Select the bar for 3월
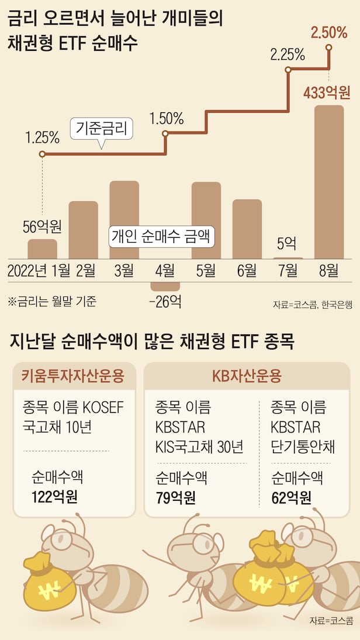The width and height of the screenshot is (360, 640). click(x=124, y=219)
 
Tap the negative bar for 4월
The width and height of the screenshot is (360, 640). click(x=165, y=286)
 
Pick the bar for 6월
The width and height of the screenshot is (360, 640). click(x=247, y=229)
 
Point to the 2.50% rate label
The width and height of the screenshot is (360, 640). click(x=330, y=33)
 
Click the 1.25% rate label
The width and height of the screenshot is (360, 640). click(x=42, y=138)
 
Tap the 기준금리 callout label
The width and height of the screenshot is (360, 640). click(x=102, y=127)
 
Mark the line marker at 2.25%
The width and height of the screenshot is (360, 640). click(x=288, y=70)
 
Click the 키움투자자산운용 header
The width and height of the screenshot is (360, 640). click(x=74, y=375)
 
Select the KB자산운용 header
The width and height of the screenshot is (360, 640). click(x=247, y=375)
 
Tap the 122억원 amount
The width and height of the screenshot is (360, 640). click(x=55, y=497)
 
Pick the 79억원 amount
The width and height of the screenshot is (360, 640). click(x=176, y=497)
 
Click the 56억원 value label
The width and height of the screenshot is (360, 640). click(x=43, y=226)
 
